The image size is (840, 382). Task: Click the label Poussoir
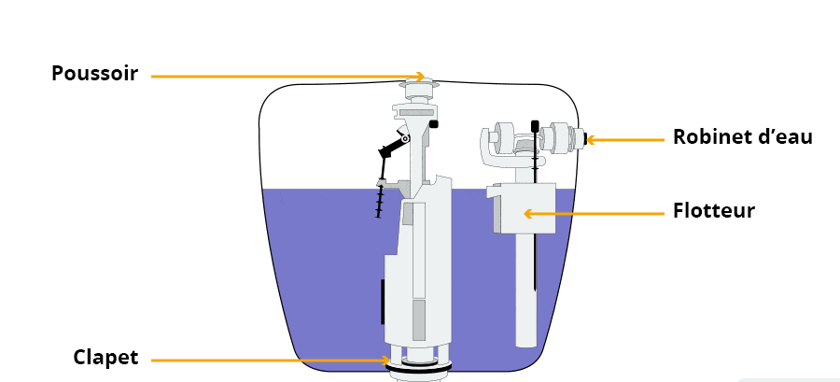[x=95, y=73]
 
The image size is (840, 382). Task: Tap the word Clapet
[x=106, y=358]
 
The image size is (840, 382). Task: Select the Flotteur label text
[x=714, y=210]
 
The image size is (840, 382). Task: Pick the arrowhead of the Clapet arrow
[x=385, y=361]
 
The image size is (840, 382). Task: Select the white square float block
[x=522, y=208]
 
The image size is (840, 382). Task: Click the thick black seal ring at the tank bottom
[x=419, y=366]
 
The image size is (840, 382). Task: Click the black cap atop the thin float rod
[x=535, y=126]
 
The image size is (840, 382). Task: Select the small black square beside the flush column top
[x=434, y=124]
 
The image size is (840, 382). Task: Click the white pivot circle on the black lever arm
[x=405, y=139]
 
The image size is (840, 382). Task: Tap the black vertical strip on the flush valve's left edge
[x=383, y=302]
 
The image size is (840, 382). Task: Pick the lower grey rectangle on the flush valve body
[x=419, y=319]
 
